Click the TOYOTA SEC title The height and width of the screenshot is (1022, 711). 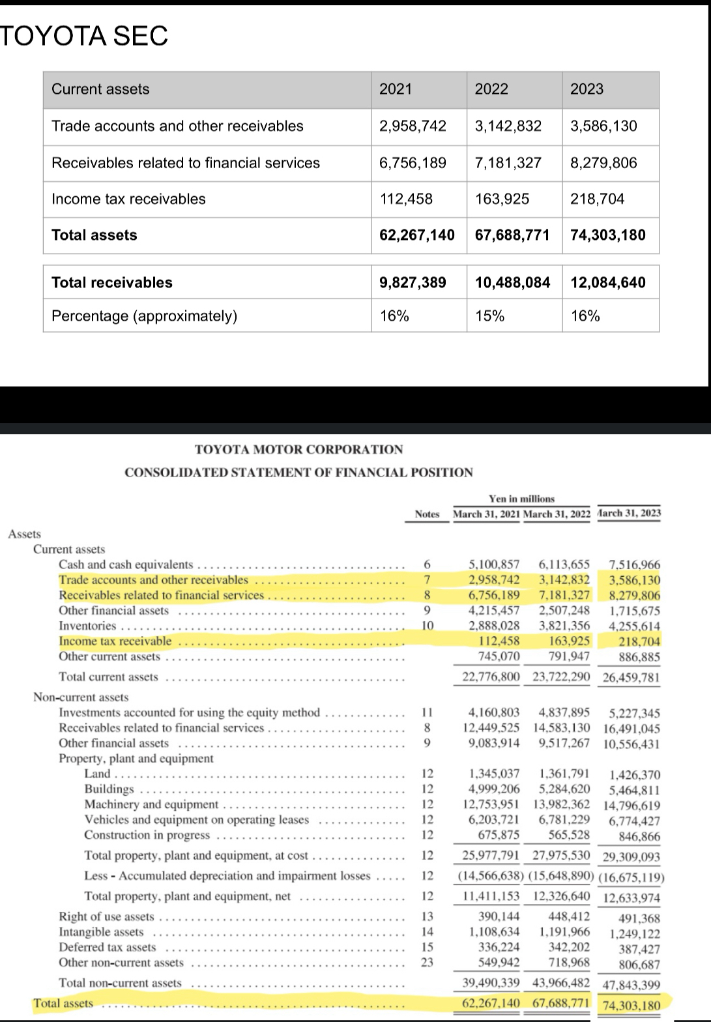tap(84, 36)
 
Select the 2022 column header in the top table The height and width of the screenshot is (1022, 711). tap(491, 89)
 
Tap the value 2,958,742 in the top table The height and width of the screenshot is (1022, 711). tap(413, 126)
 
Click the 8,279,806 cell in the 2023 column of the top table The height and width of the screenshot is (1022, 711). tap(603, 163)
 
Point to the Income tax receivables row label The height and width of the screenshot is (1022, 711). tap(128, 199)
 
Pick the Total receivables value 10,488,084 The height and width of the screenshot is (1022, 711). tap(512, 283)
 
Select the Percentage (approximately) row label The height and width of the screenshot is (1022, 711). tap(144, 316)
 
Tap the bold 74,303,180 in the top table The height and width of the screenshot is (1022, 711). tap(607, 235)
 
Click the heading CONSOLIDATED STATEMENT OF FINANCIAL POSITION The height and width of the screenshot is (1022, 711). tap(298, 472)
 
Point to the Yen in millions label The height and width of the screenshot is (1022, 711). tap(521, 499)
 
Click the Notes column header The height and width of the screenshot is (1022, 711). tap(427, 514)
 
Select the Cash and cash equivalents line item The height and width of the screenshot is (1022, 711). tap(126, 564)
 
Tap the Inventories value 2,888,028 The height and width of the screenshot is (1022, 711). tap(494, 626)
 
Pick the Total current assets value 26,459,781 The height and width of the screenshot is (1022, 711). tap(631, 677)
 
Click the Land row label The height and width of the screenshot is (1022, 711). tap(98, 774)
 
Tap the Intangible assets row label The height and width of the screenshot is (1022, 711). tap(101, 932)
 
